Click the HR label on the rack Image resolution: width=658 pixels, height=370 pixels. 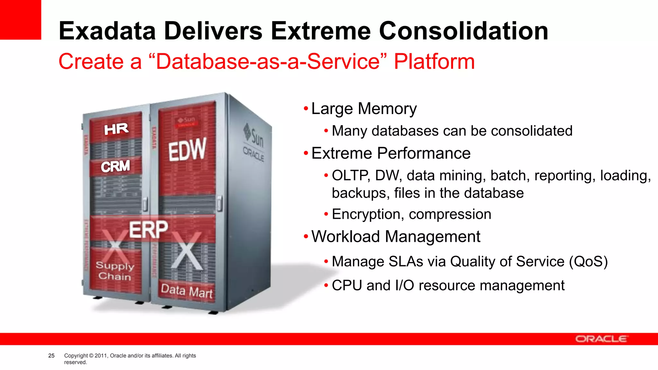pos(116,129)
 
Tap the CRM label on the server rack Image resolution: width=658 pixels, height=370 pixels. pos(115,166)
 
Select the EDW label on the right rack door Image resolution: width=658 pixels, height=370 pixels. pos(187,150)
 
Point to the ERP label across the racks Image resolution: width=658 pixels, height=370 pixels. pos(148,229)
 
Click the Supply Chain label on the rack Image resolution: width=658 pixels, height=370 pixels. pos(115,271)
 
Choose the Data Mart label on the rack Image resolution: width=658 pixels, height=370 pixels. pos(187,291)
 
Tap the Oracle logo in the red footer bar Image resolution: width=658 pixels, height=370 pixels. pos(600,339)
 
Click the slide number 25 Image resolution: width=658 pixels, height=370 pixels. pos(51,356)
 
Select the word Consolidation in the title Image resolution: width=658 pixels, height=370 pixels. pos(464,31)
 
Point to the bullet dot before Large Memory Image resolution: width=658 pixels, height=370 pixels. pos(306,109)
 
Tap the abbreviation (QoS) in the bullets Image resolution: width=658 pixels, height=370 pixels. pos(588,261)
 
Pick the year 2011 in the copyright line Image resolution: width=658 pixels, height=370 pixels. pos(101,356)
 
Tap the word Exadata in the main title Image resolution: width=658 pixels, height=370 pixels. pos(107,31)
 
